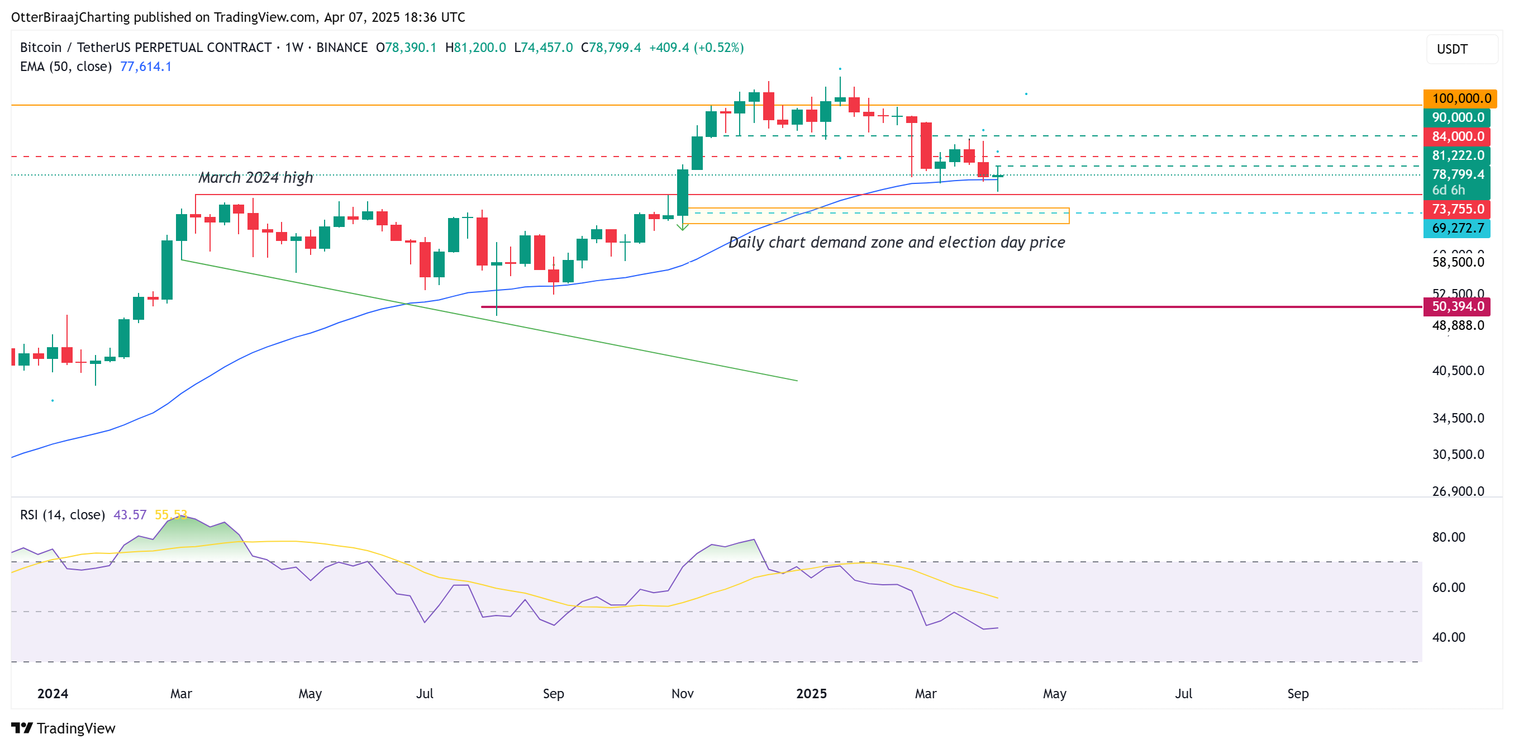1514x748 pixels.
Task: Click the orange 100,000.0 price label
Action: pyautogui.click(x=1460, y=98)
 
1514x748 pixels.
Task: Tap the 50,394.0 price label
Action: pyautogui.click(x=1457, y=306)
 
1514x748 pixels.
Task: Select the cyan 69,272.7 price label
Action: pyautogui.click(x=1457, y=228)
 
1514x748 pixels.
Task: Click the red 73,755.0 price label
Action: pyautogui.click(x=1457, y=209)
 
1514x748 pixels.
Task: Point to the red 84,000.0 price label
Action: pyautogui.click(x=1457, y=136)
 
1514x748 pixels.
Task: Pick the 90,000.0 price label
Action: pyautogui.click(x=1457, y=117)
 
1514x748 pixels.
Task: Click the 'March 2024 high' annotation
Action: pyautogui.click(x=255, y=178)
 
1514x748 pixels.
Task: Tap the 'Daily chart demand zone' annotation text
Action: pyautogui.click(x=896, y=242)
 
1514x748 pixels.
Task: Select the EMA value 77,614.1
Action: pyautogui.click(x=145, y=67)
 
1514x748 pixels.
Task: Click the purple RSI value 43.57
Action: pyautogui.click(x=129, y=514)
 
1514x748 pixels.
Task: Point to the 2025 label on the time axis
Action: pyautogui.click(x=811, y=693)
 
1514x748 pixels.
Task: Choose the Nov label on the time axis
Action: pyautogui.click(x=682, y=693)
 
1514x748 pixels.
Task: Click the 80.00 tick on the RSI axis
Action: pyautogui.click(x=1448, y=537)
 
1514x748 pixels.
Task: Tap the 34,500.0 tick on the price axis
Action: pyautogui.click(x=1457, y=418)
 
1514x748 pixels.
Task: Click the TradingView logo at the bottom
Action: pyautogui.click(x=64, y=728)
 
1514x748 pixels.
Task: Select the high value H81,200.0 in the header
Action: pyautogui.click(x=475, y=48)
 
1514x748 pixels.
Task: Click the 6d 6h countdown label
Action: pyautogui.click(x=1448, y=190)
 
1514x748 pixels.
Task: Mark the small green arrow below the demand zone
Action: pyautogui.click(x=682, y=226)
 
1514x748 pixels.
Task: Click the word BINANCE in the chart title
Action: pyautogui.click(x=341, y=48)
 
